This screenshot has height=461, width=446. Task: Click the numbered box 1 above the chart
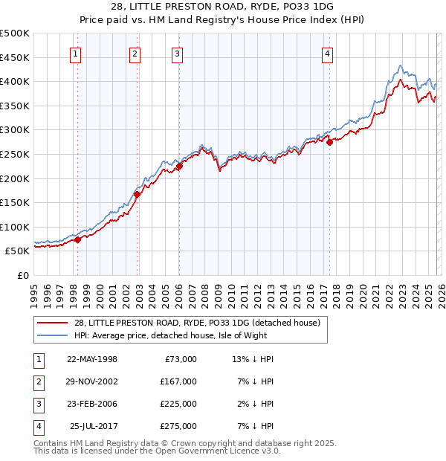pyautogui.click(x=77, y=53)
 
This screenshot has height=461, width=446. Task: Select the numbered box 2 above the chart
pyautogui.click(x=135, y=53)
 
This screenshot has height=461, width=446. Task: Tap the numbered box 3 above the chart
pyautogui.click(x=177, y=53)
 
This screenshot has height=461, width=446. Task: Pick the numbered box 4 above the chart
pyautogui.click(x=328, y=53)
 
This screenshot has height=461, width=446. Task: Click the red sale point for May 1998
pyautogui.click(x=77, y=239)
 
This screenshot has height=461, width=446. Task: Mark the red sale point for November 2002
pyautogui.click(x=137, y=194)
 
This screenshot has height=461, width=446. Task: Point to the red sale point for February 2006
pyautogui.click(x=179, y=167)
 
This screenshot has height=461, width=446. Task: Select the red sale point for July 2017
pyautogui.click(x=329, y=142)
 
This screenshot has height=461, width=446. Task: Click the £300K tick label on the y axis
pyautogui.click(x=15, y=130)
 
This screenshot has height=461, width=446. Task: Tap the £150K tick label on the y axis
pyautogui.click(x=15, y=202)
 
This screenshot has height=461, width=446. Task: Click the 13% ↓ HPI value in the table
pyautogui.click(x=253, y=359)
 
